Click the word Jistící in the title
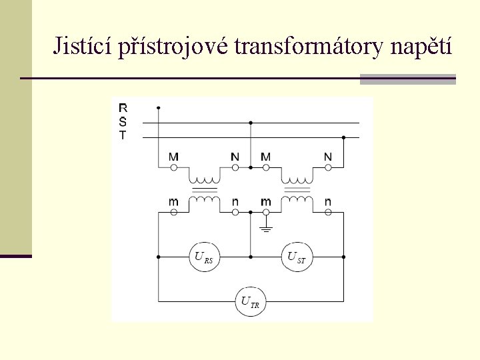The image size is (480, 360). click(82, 46)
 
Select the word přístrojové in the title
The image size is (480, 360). click(173, 47)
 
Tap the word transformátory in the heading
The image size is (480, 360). click(305, 46)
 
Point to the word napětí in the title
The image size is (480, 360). click(418, 47)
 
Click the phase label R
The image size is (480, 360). click(123, 107)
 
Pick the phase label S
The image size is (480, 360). click(123, 121)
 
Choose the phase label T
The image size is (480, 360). click(123, 135)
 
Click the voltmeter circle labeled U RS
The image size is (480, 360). click(204, 257)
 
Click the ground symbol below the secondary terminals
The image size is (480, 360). click(266, 229)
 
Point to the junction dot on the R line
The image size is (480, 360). click(158, 107)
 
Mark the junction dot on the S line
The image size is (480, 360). click(250, 123)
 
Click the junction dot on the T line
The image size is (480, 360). click(343, 138)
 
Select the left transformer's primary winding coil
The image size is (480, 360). click(204, 179)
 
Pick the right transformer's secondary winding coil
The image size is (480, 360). click(297, 199)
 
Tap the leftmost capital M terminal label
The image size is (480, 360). click(173, 157)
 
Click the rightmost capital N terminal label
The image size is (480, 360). click(327, 157)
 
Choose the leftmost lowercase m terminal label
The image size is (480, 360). click(173, 201)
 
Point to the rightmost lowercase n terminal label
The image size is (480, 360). click(327, 201)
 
